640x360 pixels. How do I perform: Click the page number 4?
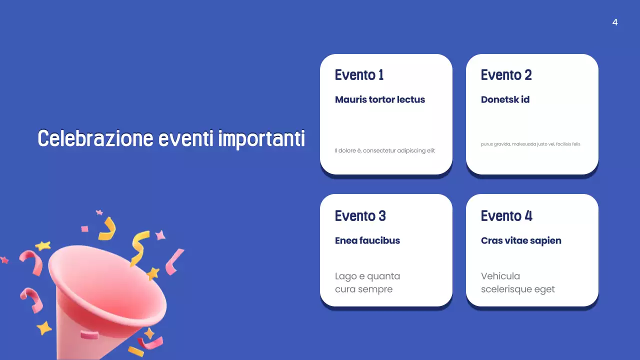coord(615,22)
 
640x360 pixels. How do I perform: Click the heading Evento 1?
coord(359,75)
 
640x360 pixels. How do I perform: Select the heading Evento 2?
coord(506,75)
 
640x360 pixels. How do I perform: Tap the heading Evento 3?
coord(360,216)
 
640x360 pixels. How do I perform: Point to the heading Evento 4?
coord(506,216)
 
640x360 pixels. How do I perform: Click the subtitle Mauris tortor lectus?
coord(380,99)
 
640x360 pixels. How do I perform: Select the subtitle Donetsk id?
coord(505,99)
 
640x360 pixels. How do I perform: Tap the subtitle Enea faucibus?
coord(367,240)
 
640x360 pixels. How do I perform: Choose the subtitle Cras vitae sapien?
coord(521,240)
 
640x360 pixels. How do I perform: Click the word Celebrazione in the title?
coord(95,138)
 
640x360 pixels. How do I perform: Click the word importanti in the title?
coord(261,138)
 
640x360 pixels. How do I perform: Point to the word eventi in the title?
coord(186,138)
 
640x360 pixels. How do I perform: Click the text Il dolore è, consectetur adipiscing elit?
coord(384,150)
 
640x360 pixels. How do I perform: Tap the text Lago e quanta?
coord(367,276)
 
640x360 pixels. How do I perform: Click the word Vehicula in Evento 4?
coord(500,276)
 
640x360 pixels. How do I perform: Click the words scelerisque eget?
coord(517,289)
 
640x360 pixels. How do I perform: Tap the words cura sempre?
coord(363,289)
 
